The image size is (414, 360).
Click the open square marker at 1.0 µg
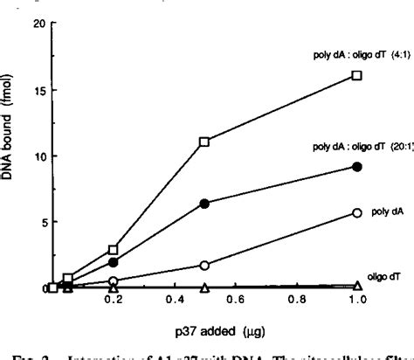(356, 75)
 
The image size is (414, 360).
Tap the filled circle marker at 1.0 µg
(356, 166)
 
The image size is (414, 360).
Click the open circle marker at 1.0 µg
(356, 213)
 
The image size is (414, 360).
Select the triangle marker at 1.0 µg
(356, 287)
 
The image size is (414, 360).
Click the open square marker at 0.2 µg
(113, 250)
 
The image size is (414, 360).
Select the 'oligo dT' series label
(384, 275)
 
